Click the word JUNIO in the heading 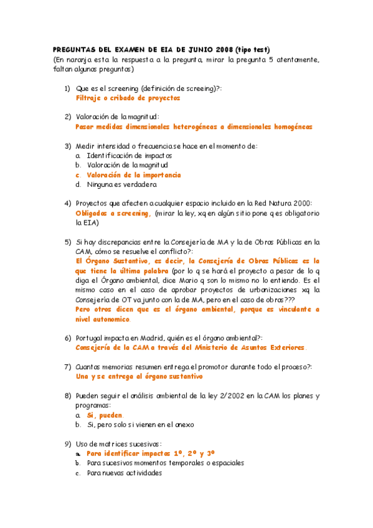click(x=187, y=50)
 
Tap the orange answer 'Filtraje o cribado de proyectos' click(x=128, y=98)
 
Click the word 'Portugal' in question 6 click(x=92, y=337)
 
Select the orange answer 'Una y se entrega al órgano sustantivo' click(x=139, y=376)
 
